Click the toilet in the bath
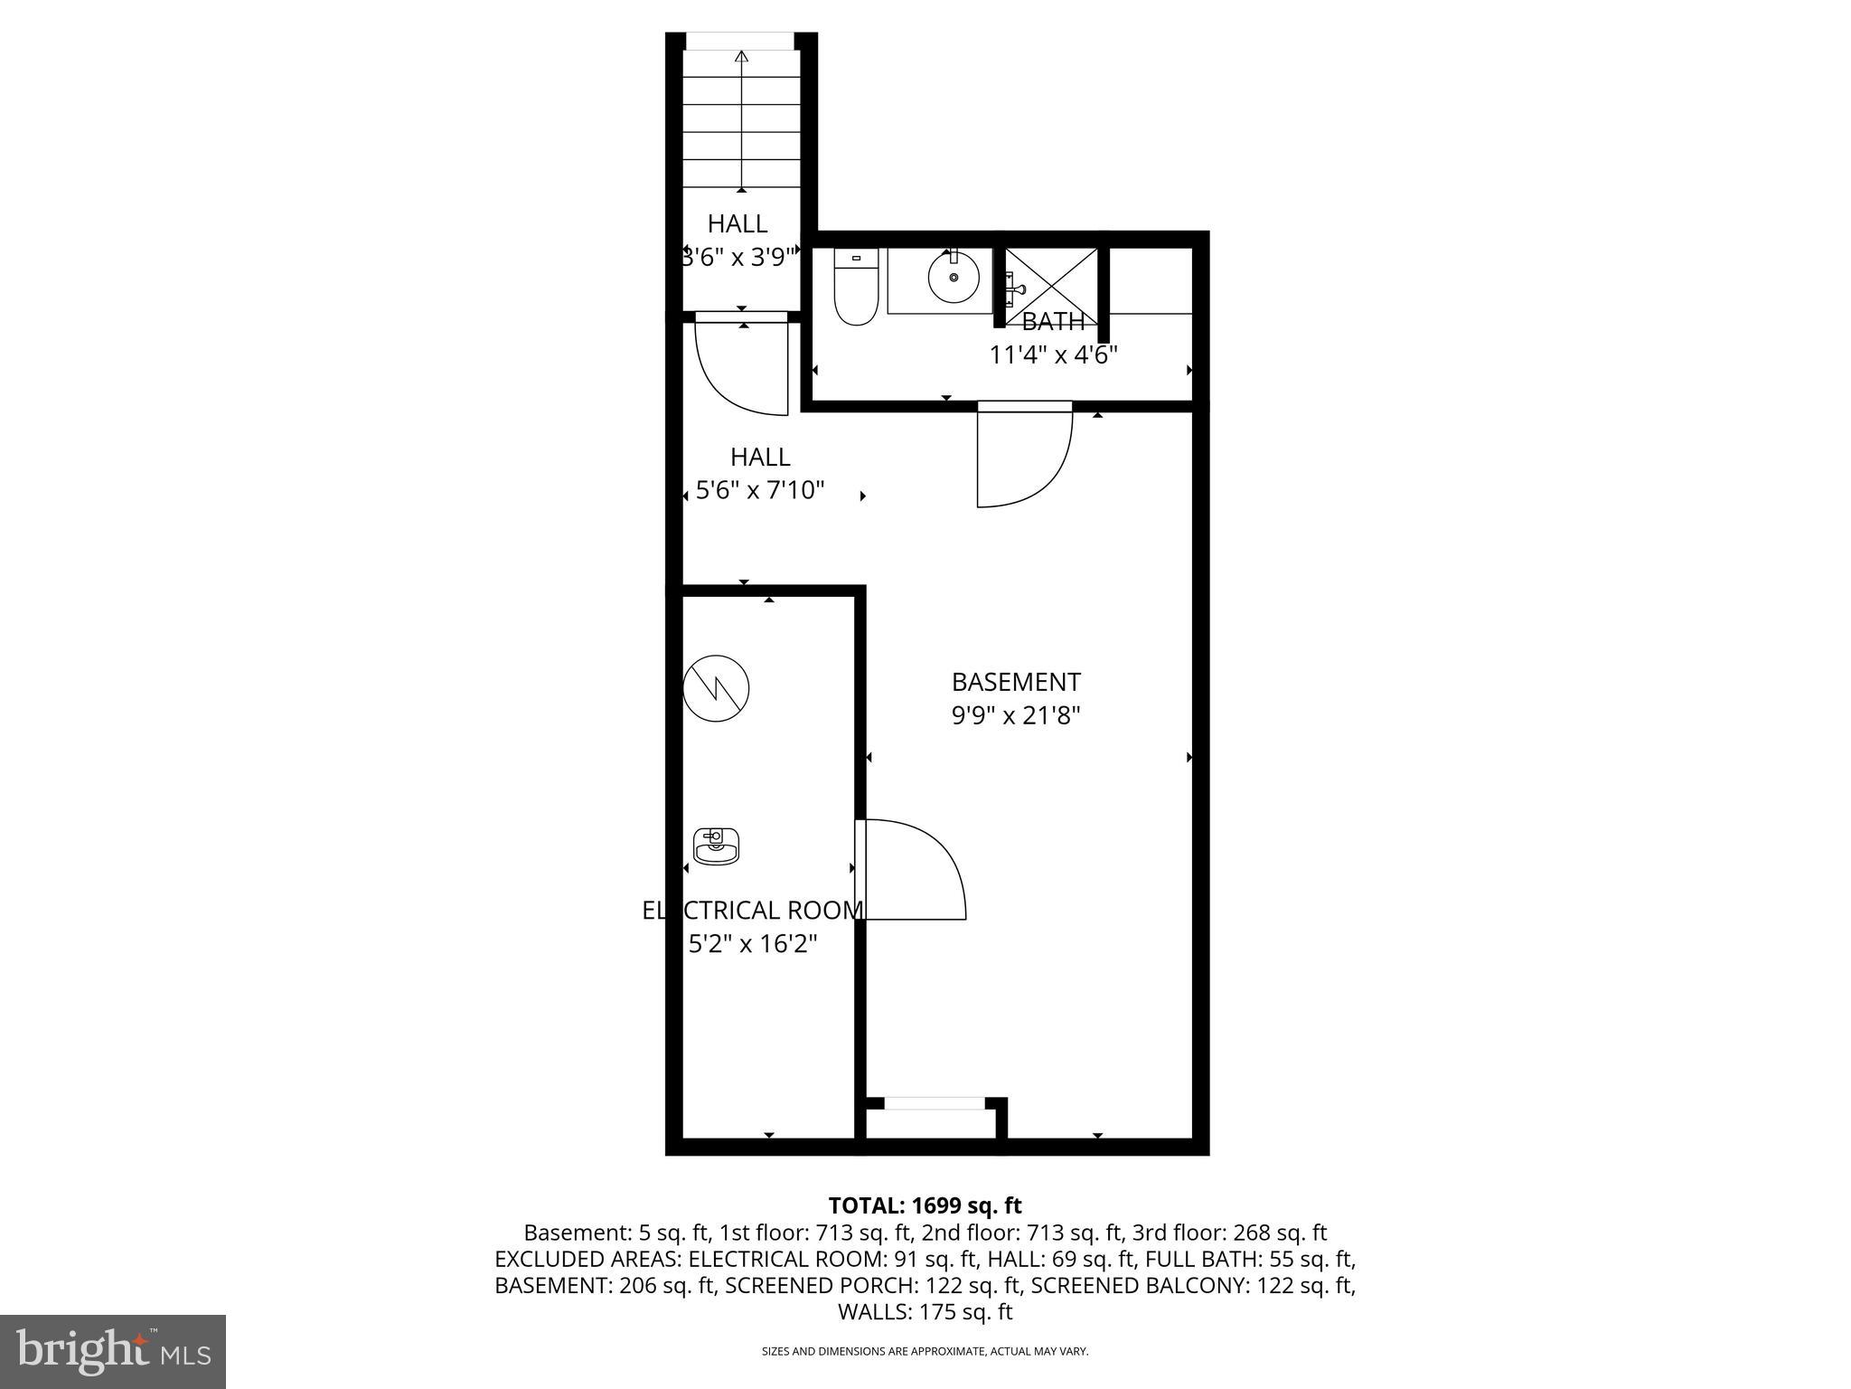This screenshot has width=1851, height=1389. pos(856,288)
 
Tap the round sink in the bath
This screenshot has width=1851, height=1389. pos(954,278)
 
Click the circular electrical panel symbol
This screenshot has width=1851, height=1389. pos(716,688)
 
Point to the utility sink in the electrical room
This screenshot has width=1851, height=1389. pos(716,846)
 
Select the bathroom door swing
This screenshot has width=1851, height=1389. pos(1023,458)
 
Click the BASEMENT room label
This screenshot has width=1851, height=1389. pos(1016,682)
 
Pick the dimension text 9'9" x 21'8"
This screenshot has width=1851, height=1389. pos(1016,716)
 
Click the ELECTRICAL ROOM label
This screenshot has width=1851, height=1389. pos(752,911)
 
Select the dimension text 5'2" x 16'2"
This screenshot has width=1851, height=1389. pos(753,944)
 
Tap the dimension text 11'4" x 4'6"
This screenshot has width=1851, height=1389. pos(1053,354)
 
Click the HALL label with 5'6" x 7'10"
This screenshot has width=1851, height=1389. pos(760,457)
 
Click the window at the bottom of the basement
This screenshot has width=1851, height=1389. pos(934,1103)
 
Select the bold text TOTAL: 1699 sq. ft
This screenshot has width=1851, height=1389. pos(925,1205)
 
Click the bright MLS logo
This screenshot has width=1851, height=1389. pos(113,1351)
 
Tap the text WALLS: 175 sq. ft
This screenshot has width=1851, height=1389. pos(925,1311)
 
